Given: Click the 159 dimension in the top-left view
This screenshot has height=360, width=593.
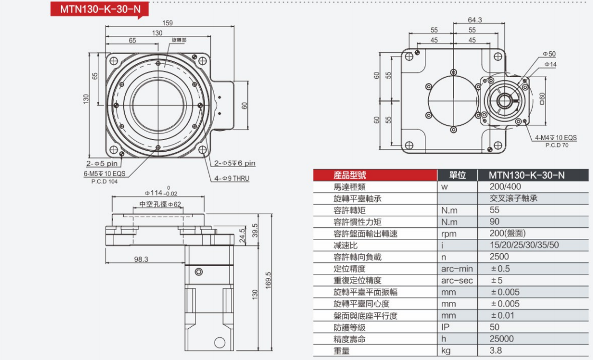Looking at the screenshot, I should (168, 23).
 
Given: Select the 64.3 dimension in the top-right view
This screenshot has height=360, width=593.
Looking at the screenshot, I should (475, 20).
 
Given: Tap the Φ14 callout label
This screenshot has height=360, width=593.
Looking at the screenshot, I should (550, 64).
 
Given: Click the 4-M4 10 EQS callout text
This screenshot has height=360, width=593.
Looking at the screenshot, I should (555, 137).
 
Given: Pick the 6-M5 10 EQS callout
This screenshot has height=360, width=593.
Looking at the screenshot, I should (104, 173).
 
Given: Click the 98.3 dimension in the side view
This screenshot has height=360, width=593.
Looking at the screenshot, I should (141, 259).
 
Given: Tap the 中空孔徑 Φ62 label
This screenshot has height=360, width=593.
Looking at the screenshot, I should (160, 204).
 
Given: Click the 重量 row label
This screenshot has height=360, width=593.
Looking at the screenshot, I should (342, 350).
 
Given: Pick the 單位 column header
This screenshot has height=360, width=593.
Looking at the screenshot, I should (457, 175).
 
